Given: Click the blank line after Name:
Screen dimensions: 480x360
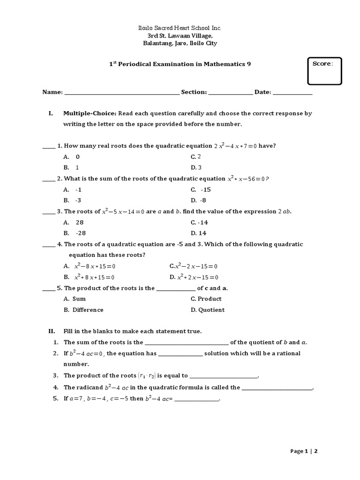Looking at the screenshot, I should [x=121, y=93].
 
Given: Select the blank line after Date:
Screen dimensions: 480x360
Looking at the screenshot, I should [x=292, y=93].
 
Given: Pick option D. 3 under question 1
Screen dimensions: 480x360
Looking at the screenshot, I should [x=196, y=167].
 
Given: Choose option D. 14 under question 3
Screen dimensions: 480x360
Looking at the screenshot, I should [x=199, y=233].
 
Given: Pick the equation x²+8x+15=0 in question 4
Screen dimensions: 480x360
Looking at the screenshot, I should [x=94, y=277].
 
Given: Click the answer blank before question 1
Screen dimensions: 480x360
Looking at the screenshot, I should [x=49, y=146].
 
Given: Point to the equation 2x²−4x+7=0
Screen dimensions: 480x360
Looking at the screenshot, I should [x=235, y=146].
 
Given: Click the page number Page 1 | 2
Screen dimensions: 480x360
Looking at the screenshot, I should [x=304, y=451].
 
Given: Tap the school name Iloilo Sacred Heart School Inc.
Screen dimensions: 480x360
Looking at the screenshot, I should [x=180, y=29].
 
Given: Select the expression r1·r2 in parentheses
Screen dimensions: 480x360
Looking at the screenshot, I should [x=148, y=375].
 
